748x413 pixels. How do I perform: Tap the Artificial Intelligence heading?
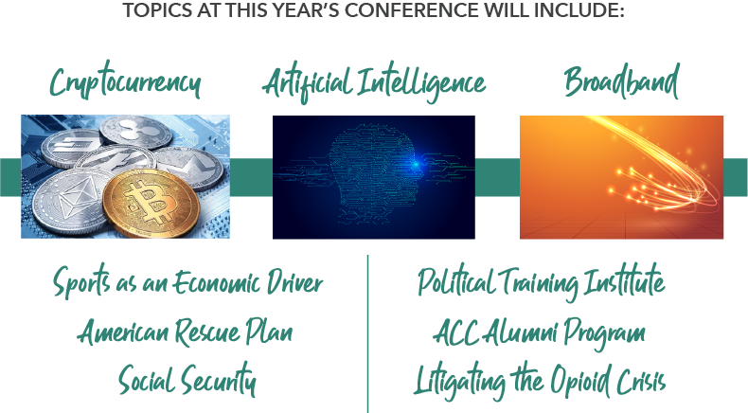(x=374, y=82)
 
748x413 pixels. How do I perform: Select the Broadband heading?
(x=621, y=81)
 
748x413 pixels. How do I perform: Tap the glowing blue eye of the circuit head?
(x=415, y=164)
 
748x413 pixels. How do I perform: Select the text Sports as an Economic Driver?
(x=188, y=282)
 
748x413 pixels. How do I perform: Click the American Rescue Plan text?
(x=185, y=332)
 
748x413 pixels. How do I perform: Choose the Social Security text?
(x=187, y=380)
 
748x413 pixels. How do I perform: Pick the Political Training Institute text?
(x=541, y=282)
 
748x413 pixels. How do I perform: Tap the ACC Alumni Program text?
(x=539, y=332)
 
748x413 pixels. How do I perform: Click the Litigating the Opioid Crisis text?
(x=539, y=382)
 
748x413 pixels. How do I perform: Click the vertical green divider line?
(x=367, y=333)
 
